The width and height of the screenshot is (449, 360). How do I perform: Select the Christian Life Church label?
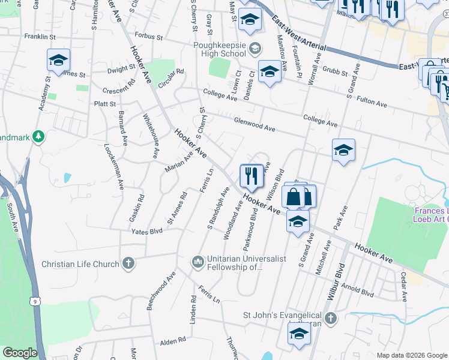(79, 263)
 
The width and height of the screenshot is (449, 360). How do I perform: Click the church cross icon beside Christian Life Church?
(128, 263)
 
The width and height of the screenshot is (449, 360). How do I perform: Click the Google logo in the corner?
(20, 353)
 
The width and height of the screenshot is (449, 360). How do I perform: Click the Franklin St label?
(40, 37)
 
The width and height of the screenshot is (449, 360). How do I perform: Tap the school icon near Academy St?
(58, 61)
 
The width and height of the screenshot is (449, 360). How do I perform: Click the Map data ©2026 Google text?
(411, 355)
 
